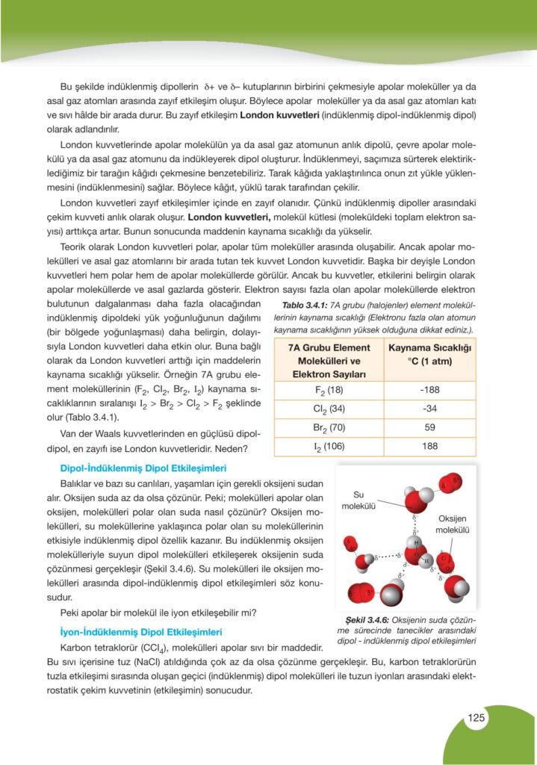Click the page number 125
[x=477, y=718]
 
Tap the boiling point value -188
[x=429, y=390]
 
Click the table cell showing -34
[x=429, y=409]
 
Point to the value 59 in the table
[x=429, y=428]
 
